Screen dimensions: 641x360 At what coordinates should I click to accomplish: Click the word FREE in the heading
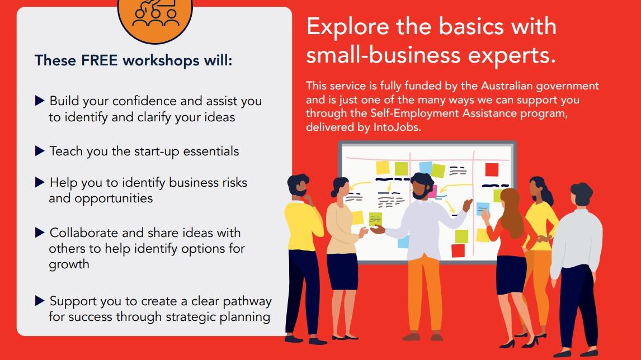100,60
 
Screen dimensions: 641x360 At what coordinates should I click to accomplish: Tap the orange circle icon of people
155,16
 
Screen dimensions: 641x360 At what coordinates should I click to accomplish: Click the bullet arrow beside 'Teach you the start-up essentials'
40,151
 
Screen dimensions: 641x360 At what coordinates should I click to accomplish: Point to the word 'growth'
69,265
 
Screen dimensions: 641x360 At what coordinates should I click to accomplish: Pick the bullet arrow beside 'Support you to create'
40,301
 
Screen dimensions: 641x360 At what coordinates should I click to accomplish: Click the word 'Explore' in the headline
347,27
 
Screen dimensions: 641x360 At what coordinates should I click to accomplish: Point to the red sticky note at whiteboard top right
492,169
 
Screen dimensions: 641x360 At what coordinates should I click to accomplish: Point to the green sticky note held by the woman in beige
375,219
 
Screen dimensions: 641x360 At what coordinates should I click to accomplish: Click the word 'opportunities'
101,198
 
